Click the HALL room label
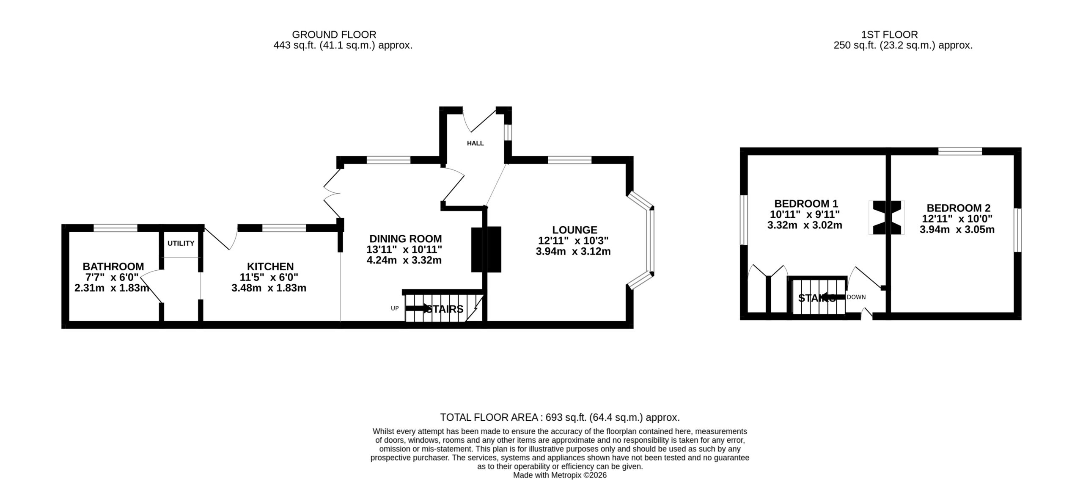tap(475, 143)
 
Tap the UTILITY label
tap(181, 243)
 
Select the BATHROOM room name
tap(113, 266)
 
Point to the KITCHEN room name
tap(270, 266)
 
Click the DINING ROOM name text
tap(406, 239)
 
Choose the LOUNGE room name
tap(574, 230)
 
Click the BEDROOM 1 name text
tap(806, 204)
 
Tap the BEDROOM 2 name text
tap(958, 208)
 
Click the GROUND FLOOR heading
tap(334, 34)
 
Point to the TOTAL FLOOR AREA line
tap(560, 417)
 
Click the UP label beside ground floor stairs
tap(395, 308)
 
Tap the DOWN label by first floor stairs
tap(856, 297)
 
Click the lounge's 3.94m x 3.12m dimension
tap(573, 251)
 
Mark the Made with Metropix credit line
tap(560, 475)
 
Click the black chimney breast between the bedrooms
tap(886, 217)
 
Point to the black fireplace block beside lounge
tap(486, 249)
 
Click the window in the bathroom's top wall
tap(115, 228)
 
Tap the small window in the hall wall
tap(508, 132)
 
